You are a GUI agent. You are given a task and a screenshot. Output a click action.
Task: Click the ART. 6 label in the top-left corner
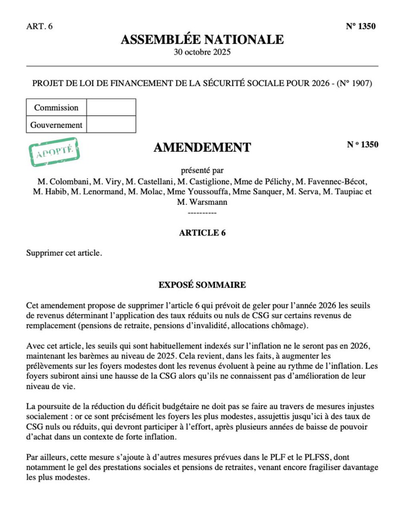(x=39, y=26)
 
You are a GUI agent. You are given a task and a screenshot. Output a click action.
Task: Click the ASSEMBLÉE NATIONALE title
(x=202, y=40)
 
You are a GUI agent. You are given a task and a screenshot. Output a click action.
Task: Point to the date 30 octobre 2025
(x=202, y=52)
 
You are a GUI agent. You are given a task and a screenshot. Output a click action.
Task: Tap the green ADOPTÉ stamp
(x=54, y=152)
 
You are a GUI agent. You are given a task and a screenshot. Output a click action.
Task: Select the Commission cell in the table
(x=56, y=108)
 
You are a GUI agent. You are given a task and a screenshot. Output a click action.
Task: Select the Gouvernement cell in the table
(x=56, y=125)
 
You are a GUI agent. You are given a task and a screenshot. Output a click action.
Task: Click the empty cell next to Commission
(x=111, y=108)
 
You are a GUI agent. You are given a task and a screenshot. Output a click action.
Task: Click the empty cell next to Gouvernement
(x=111, y=125)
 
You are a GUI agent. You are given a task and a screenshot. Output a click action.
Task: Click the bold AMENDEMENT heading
(x=202, y=148)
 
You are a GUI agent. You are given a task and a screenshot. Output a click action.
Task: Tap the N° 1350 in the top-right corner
(x=360, y=26)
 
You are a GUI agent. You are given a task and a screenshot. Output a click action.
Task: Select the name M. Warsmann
(x=202, y=202)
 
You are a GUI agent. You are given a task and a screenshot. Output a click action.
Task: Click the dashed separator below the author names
(x=202, y=212)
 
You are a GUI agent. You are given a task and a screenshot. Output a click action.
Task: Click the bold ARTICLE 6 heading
(x=202, y=233)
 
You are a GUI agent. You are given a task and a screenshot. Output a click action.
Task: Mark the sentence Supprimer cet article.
(x=64, y=253)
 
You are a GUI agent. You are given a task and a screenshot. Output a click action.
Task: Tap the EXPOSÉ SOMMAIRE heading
(x=202, y=285)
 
